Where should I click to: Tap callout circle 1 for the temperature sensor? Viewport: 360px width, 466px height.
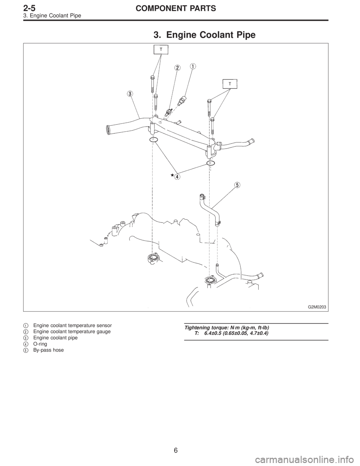(193, 67)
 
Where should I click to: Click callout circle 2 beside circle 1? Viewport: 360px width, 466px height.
(177, 68)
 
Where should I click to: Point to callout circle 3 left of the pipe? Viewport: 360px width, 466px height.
(130, 93)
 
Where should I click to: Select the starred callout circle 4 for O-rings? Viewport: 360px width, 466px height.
(177, 177)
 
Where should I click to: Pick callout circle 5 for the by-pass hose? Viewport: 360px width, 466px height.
(237, 185)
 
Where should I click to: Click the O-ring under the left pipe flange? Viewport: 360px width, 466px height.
(153, 140)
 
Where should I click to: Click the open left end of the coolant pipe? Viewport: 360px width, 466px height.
(108, 129)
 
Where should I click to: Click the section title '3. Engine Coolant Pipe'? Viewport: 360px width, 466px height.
(204, 35)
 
